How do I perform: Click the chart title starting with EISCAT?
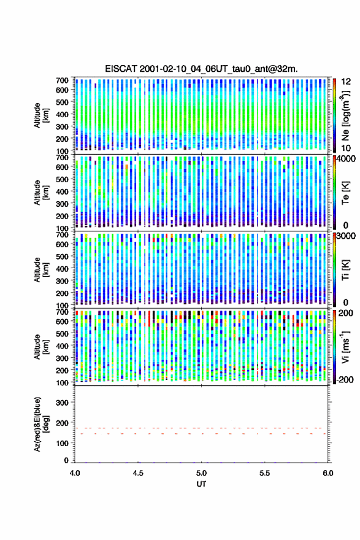(201, 69)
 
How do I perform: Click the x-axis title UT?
(201, 484)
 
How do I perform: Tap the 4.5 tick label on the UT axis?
(138, 473)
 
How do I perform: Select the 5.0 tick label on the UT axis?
(201, 473)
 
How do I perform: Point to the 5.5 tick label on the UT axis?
(265, 473)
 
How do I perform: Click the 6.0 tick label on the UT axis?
(327, 473)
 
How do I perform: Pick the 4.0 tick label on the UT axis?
(75, 473)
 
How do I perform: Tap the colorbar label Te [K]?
(345, 193)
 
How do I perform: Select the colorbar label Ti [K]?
(345, 269)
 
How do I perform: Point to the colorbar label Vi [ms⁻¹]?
(345, 347)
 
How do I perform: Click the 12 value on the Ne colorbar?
(347, 81)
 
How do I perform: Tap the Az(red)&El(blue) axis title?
(41, 424)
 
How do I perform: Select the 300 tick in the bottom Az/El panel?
(63, 403)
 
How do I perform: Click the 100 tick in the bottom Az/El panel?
(63, 443)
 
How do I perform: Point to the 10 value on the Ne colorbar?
(346, 148)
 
